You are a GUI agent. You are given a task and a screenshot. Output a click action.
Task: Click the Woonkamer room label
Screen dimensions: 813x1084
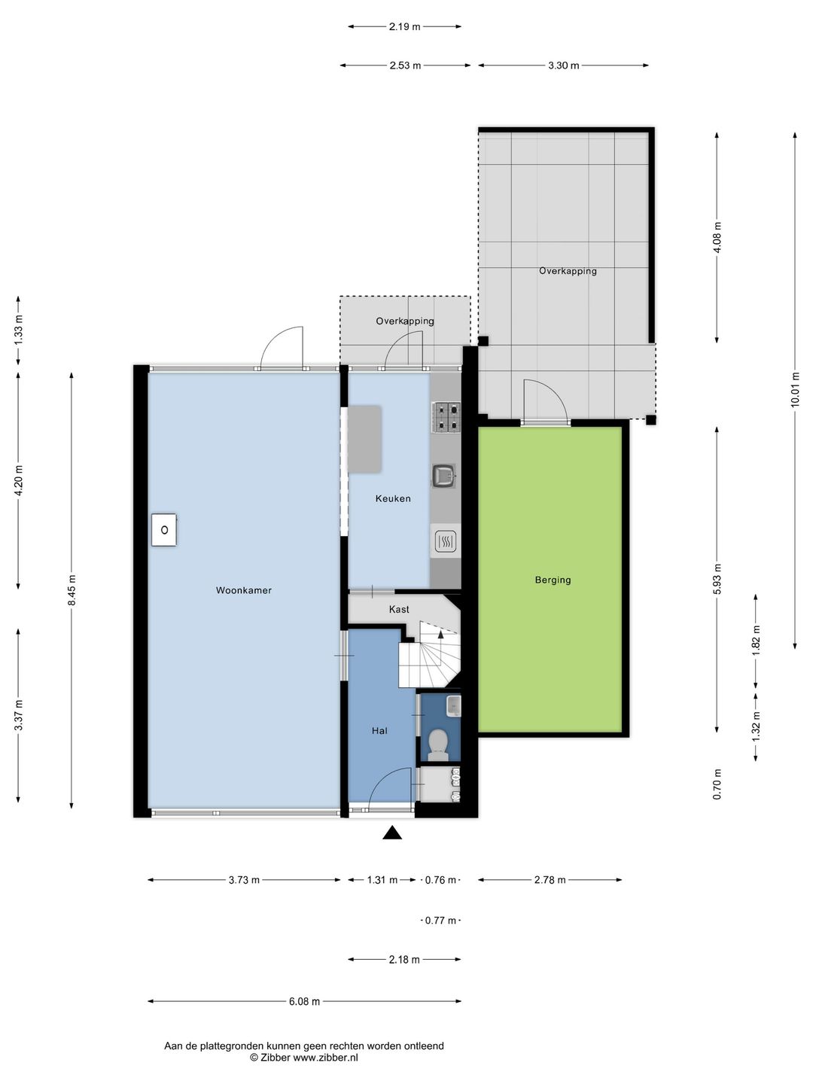243,590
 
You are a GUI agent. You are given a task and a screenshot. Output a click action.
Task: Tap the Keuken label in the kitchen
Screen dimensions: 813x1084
393,498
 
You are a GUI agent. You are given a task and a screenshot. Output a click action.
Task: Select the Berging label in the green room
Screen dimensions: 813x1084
553,580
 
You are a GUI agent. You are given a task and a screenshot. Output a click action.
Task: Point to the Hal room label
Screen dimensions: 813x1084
379,731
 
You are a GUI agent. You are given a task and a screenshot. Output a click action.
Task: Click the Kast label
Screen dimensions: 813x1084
399,610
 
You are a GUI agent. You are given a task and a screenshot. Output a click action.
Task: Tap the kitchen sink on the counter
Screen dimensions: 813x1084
444,476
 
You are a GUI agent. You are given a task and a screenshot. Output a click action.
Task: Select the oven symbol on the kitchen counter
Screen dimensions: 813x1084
446,542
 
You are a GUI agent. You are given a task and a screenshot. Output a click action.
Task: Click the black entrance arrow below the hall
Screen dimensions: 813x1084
392,833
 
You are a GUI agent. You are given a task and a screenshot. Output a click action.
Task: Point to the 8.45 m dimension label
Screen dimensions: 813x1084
72,590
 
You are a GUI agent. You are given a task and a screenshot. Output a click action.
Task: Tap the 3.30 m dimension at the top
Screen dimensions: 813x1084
564,65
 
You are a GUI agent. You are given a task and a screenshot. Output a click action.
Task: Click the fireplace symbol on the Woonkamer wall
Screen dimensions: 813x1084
164,530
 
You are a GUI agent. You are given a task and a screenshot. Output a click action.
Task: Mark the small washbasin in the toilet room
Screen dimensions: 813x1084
454,705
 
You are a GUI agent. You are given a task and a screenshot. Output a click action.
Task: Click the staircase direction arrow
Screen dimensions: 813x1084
440,634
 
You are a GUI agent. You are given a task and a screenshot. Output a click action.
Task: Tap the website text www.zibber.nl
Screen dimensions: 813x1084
325,1058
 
